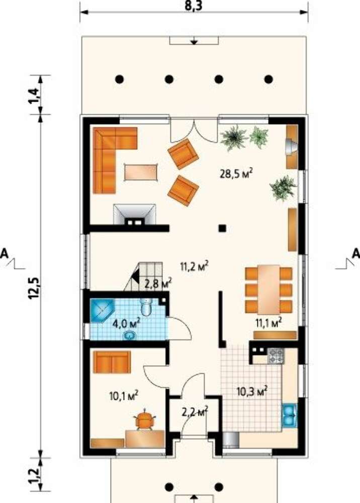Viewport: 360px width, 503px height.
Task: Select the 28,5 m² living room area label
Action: pos(236,174)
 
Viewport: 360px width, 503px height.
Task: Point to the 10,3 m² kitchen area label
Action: pos(252,391)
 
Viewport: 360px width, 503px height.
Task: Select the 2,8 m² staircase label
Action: pos(158,284)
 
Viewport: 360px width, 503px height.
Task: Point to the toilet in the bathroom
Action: pos(146,307)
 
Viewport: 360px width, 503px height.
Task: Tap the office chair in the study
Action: pos(145,418)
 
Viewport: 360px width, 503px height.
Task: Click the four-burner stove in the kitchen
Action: pos(276,356)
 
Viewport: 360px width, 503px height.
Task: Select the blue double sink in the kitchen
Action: pos(289,415)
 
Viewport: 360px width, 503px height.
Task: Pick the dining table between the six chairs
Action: pos(268,289)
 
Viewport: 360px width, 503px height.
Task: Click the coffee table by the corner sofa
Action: pos(141,172)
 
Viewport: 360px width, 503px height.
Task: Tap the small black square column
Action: pos(222,228)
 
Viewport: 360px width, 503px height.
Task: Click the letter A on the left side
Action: pos(4,254)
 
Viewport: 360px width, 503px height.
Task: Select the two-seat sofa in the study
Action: pos(112,362)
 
